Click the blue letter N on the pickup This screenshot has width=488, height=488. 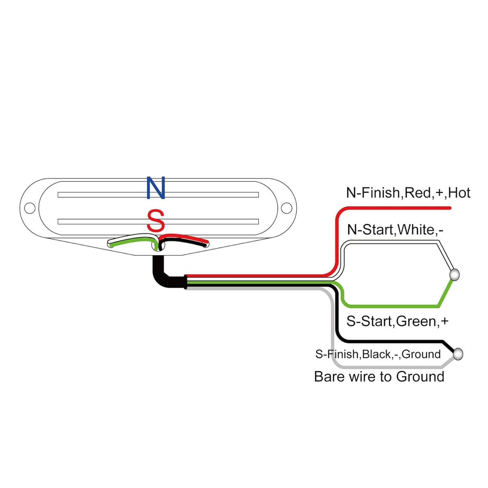click(156, 188)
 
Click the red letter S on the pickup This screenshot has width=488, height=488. click(155, 220)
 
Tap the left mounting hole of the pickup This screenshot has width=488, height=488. click(30, 208)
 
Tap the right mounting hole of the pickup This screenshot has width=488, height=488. click(287, 208)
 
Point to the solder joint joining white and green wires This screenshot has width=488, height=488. click(454, 275)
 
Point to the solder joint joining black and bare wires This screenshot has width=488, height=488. click(458, 354)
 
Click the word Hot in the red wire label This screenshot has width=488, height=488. click(459, 193)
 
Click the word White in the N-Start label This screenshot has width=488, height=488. click(416, 230)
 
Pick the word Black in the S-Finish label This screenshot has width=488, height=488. click(376, 354)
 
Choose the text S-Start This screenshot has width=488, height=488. click(369, 321)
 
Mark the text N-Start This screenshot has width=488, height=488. click(370, 230)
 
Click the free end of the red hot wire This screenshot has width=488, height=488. click(450, 208)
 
